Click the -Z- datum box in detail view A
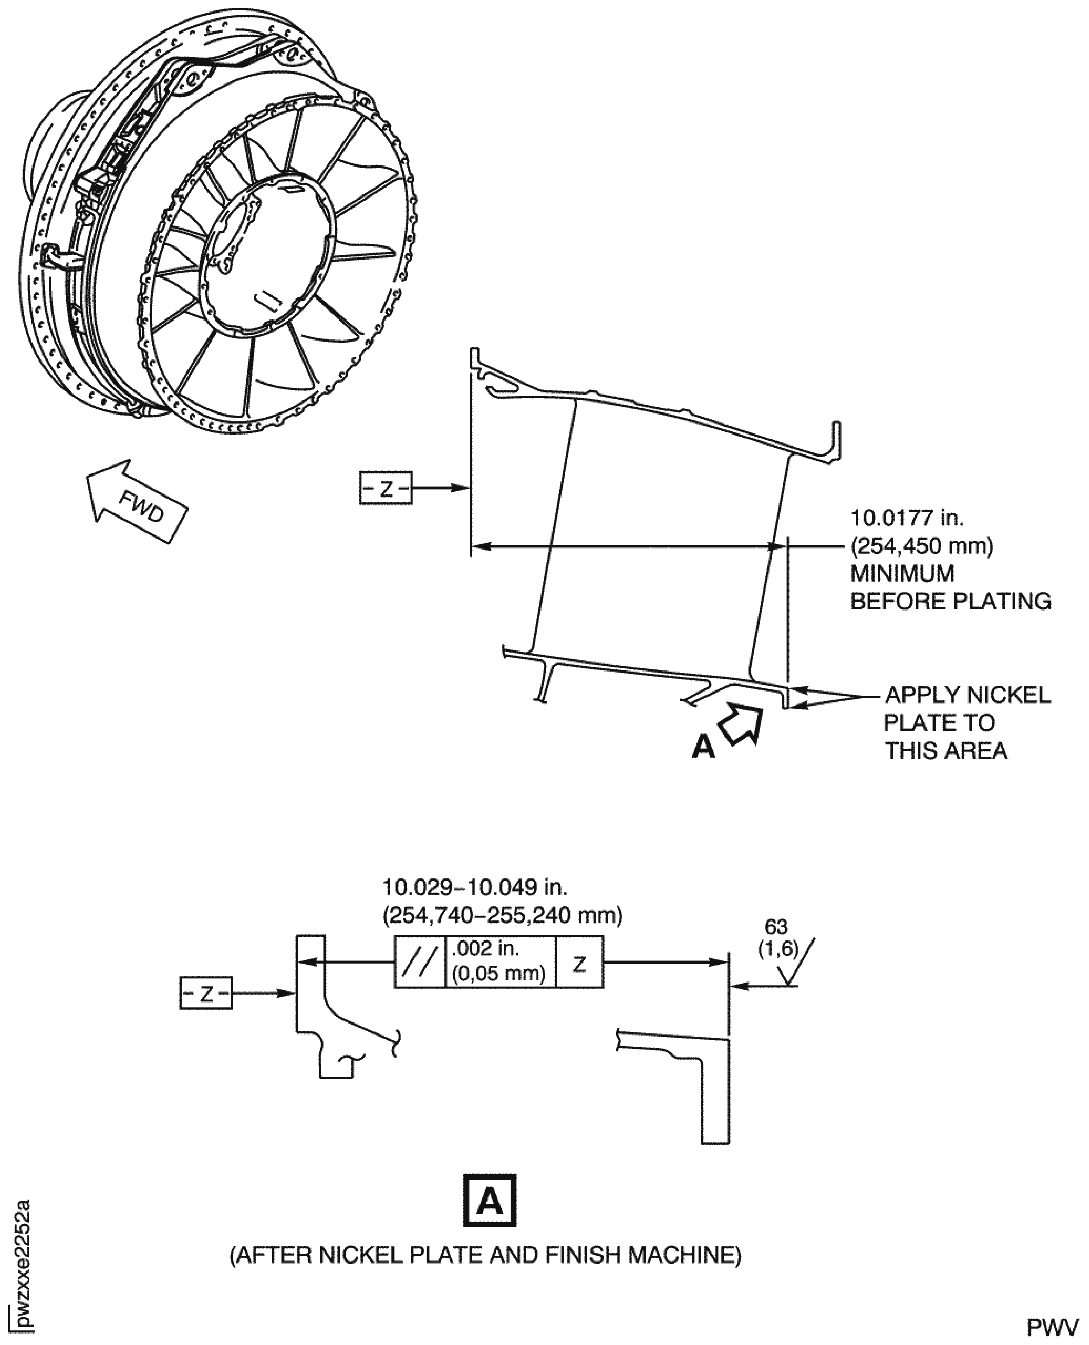206,993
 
